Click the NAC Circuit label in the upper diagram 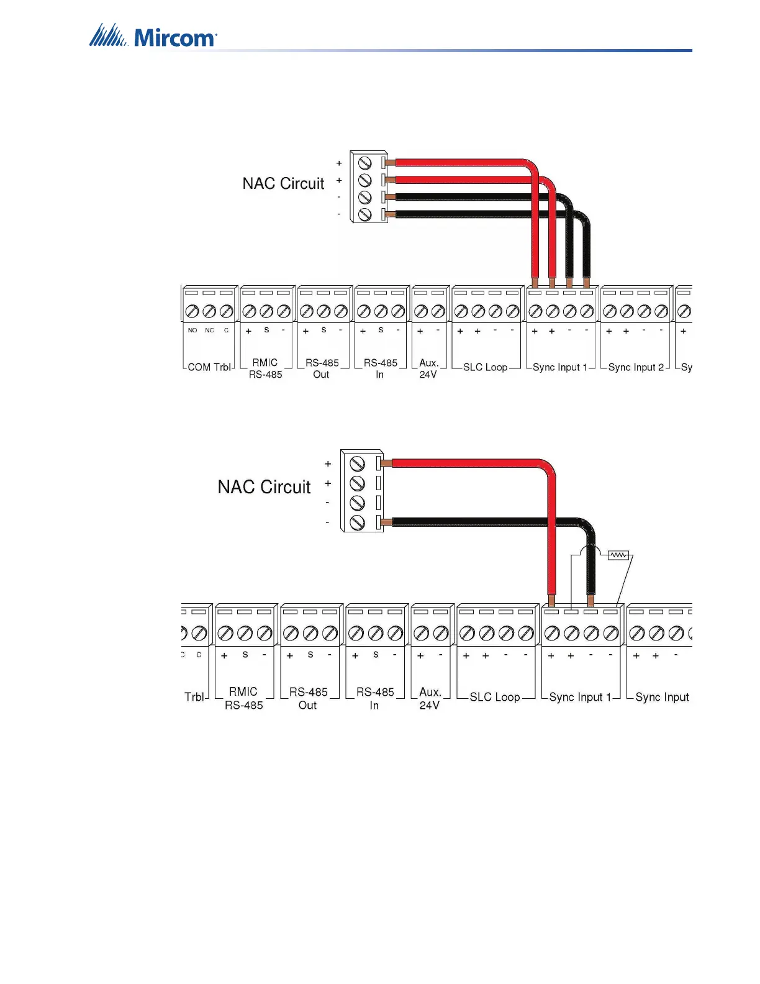point(283,183)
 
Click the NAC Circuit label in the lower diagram point(264,486)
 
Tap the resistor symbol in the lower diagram point(618,555)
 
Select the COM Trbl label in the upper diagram point(209,367)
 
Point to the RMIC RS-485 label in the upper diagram point(265,368)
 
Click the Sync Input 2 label point(636,367)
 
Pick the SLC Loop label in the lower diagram point(495,697)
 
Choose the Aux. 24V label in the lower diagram point(430,698)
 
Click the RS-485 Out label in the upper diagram point(322,368)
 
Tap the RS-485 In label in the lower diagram point(374,698)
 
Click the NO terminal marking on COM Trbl point(192,330)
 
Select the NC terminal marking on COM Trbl point(209,330)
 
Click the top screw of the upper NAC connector point(365,163)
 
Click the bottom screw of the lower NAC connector point(357,522)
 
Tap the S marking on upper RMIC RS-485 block point(266,330)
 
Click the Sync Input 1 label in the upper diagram point(559,367)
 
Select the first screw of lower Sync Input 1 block point(552,633)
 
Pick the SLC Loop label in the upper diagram point(485,367)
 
